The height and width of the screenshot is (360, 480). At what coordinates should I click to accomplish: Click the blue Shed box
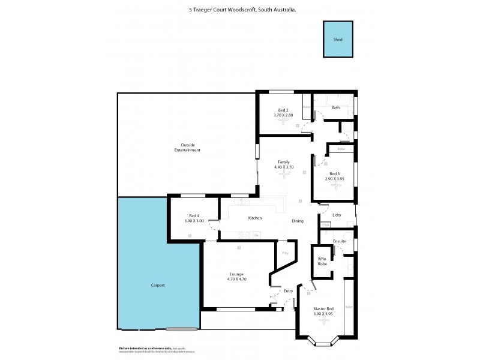point(338,40)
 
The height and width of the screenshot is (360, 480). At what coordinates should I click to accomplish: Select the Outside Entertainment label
point(187,147)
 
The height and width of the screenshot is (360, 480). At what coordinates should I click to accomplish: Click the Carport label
point(157,285)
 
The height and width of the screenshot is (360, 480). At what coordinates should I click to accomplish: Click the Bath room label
point(335,107)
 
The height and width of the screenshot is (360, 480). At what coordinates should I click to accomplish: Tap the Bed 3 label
point(334,173)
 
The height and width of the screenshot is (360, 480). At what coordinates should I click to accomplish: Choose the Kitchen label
point(254,218)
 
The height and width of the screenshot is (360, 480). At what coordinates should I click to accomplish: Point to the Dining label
point(298,221)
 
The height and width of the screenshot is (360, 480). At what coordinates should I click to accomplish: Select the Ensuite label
point(340,241)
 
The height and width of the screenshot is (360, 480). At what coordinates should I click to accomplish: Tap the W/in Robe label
point(322,262)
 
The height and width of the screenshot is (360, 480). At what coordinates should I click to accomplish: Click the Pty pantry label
point(285,253)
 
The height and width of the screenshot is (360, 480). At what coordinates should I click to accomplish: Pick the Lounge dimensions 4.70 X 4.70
point(236,279)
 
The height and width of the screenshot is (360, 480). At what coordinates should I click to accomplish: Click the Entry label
point(289,291)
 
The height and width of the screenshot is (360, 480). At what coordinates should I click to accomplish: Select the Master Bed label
point(323,308)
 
